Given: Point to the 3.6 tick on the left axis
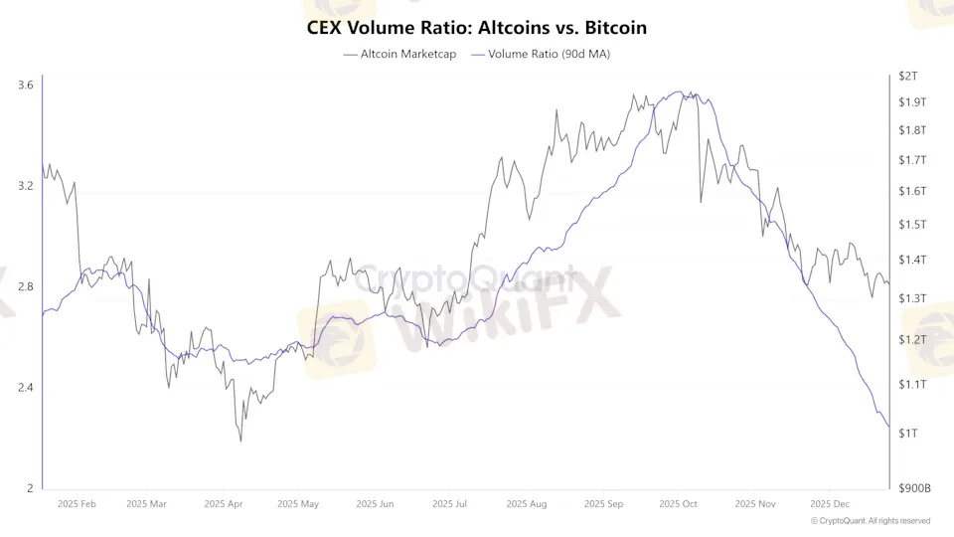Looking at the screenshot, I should (26, 86).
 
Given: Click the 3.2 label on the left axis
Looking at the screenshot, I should (26, 186).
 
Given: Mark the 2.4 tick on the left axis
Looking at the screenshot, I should (26, 387).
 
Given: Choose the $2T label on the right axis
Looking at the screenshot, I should (907, 76).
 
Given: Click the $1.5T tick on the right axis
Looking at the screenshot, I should (911, 225).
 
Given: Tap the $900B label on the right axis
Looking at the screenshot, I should (914, 488).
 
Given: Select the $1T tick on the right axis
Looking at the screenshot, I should (907, 433).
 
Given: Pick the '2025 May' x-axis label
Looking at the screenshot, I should (297, 504).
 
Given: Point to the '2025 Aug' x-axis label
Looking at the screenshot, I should (526, 504).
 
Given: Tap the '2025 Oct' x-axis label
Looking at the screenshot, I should (679, 504).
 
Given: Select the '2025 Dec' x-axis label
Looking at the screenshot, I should (831, 504).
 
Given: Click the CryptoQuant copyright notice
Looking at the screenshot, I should (871, 520).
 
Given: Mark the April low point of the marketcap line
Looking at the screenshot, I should (240, 441).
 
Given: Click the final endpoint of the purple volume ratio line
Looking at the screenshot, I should (888, 427).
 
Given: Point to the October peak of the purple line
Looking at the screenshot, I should (680, 92).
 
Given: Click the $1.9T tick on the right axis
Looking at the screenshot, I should (911, 102).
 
